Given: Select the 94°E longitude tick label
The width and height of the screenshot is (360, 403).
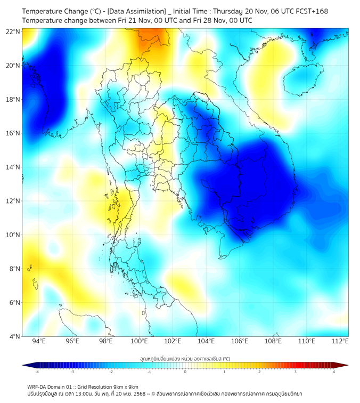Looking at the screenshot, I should pyautogui.click(x=39, y=342).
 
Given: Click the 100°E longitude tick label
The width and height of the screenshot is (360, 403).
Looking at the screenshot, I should pyautogui.click(x=140, y=342).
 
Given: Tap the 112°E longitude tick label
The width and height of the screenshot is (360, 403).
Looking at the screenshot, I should pyautogui.click(x=340, y=342).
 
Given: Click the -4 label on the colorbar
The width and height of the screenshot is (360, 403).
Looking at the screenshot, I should pyautogui.click(x=37, y=372).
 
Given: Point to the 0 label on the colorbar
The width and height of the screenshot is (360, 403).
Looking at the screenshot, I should pyautogui.click(x=185, y=372).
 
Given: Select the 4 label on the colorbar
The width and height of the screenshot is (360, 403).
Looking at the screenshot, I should pyautogui.click(x=333, y=372).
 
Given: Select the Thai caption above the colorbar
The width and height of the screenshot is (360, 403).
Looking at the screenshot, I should pyautogui.click(x=185, y=358).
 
